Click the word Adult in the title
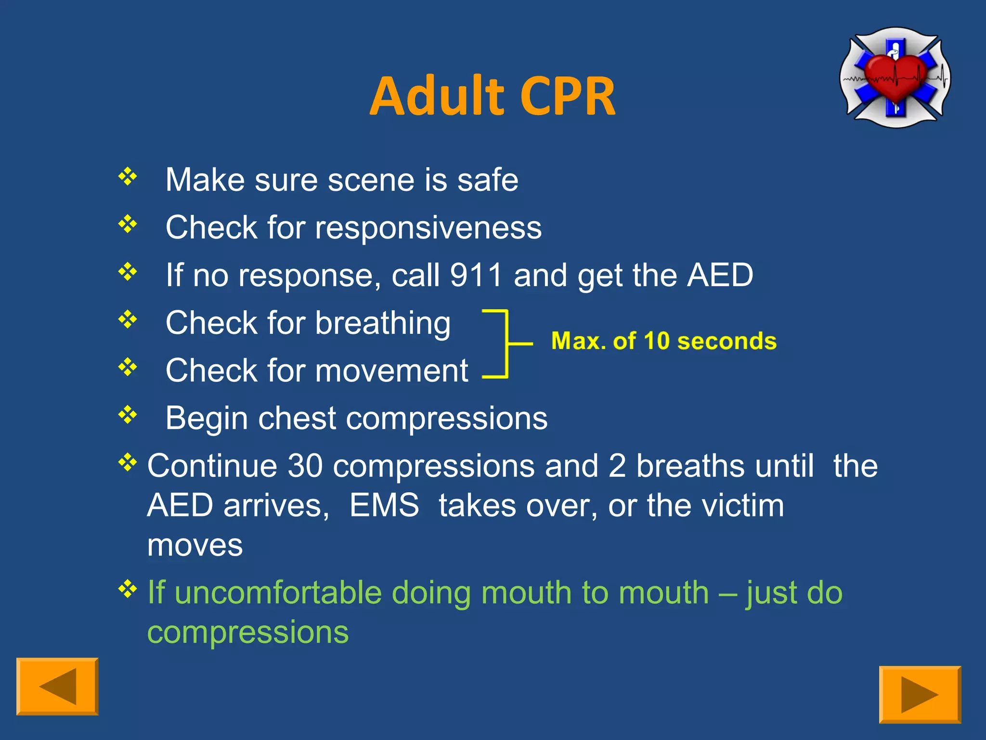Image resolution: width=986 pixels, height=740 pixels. click(x=437, y=97)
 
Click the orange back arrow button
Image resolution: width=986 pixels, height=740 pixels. click(x=57, y=686)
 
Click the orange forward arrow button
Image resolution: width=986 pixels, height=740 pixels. click(x=920, y=694)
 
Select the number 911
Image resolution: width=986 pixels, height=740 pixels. click(x=476, y=275)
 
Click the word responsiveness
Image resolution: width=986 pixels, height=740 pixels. click(x=428, y=228)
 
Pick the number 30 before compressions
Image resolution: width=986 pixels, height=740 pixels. click(x=304, y=466)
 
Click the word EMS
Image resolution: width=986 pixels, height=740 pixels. click(x=384, y=505)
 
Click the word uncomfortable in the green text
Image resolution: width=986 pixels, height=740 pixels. click(x=279, y=593)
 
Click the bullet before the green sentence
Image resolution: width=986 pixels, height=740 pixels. click(x=128, y=589)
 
